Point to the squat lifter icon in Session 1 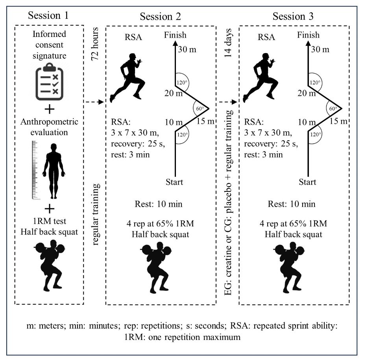coord(49,263)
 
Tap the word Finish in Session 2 coord(175,35)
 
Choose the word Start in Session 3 coord(307,182)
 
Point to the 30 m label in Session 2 coord(187,50)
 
